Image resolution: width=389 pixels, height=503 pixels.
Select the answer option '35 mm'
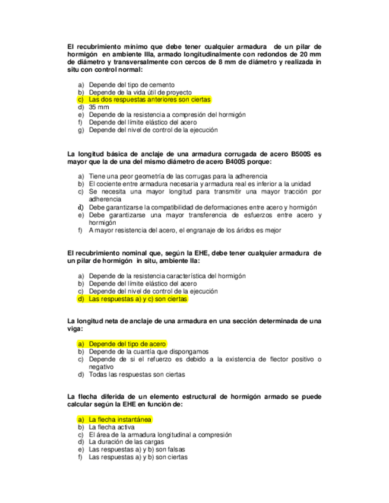99,108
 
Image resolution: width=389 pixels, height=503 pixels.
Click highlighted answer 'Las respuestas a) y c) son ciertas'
137,300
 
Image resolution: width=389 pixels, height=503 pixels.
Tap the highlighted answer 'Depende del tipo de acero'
127,344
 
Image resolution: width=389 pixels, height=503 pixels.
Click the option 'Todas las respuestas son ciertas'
137,375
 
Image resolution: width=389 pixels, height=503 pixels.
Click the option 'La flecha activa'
112,427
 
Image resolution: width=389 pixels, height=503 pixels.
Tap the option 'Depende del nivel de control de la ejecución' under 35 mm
154,130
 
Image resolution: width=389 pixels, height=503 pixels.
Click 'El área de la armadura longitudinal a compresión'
160,435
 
